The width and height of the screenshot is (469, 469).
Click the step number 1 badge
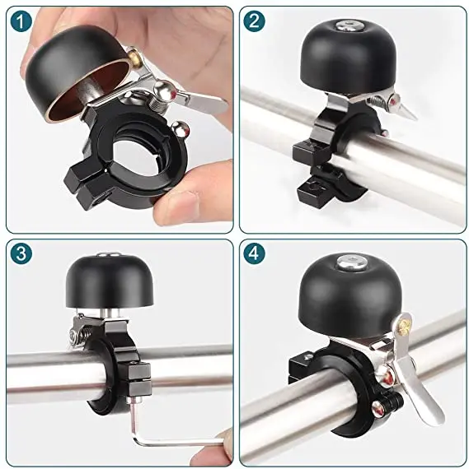[x=21, y=21]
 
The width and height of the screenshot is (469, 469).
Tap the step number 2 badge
[x=256, y=21]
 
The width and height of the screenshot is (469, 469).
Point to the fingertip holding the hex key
[x=223, y=440]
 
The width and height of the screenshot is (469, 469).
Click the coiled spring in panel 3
[x=78, y=334]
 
